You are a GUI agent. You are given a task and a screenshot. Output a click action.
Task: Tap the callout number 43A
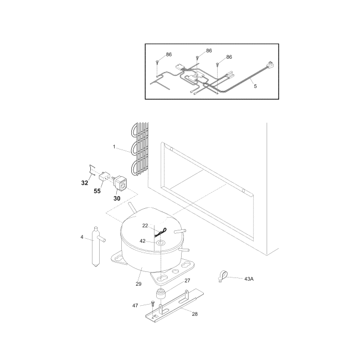249,279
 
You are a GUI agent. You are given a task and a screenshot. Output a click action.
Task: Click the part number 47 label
135,305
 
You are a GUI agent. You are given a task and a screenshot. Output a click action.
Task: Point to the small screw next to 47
150,304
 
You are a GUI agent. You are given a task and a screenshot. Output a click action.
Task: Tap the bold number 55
97,191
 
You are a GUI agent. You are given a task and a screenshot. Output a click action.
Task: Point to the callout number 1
114,147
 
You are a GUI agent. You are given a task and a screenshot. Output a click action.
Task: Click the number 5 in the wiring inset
255,86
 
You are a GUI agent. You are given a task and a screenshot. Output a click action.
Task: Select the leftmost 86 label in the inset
169,54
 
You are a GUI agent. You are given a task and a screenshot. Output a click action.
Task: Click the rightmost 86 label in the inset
229,57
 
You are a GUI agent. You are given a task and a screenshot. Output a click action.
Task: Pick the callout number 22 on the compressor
145,225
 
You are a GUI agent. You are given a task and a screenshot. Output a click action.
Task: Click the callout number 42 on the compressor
142,241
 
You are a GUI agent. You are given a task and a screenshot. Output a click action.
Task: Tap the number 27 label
187,281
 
